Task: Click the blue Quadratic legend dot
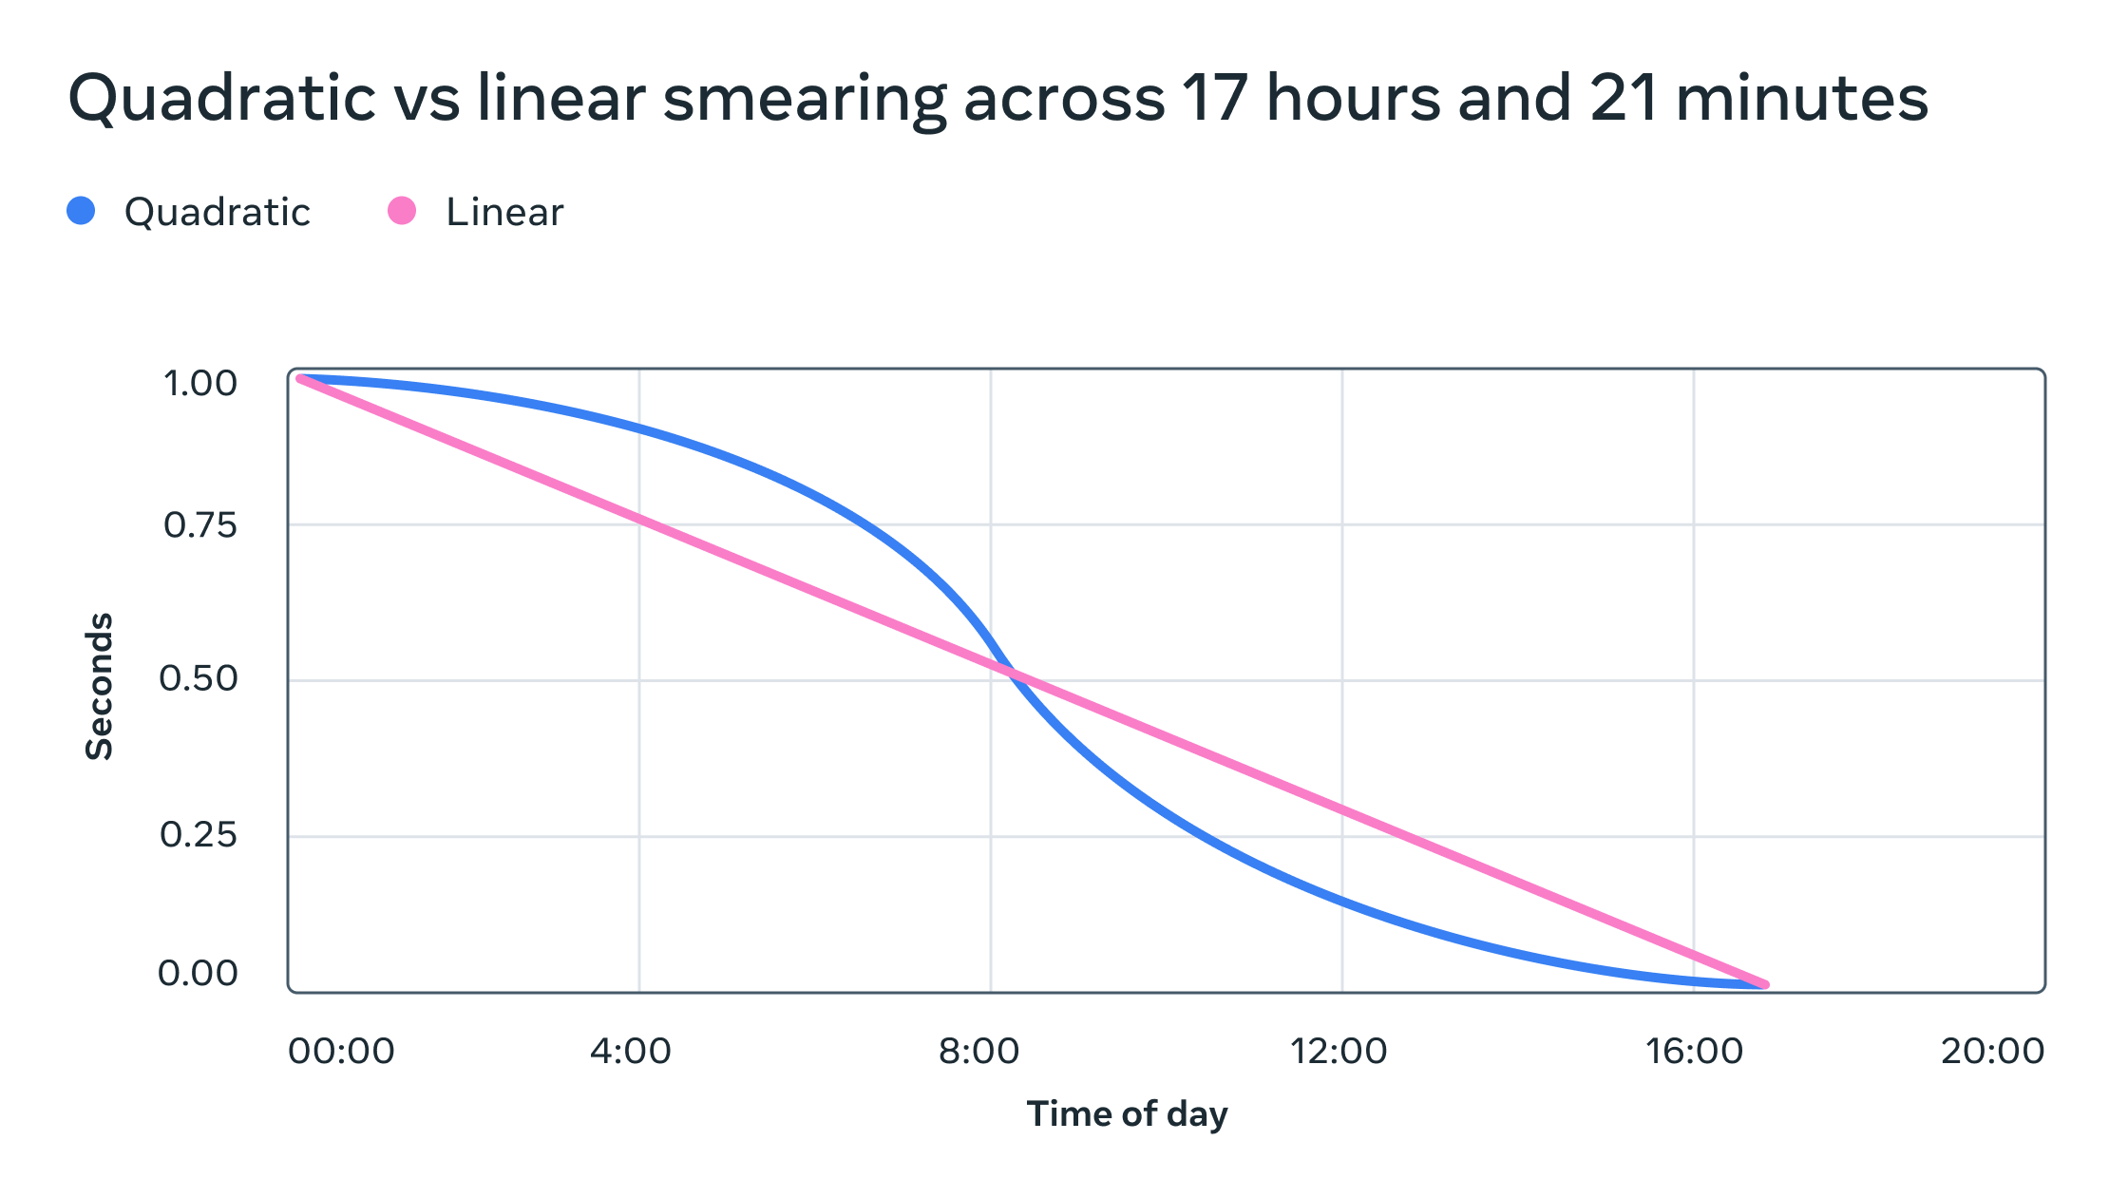(81, 211)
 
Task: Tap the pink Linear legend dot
(402, 211)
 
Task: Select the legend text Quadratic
(217, 212)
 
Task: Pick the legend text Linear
(504, 212)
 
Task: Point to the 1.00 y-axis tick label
(199, 384)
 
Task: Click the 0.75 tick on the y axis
(199, 525)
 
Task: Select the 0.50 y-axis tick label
(198, 678)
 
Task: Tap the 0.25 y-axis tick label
(198, 835)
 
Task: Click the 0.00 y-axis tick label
(198, 974)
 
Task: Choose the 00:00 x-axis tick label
(341, 1052)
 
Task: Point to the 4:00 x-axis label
(630, 1052)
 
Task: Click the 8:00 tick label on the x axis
(978, 1052)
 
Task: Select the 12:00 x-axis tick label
(1338, 1052)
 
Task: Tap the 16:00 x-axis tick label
(1694, 1052)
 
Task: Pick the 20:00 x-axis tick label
(1992, 1052)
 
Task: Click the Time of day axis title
(1127, 1114)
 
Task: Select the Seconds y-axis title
(100, 686)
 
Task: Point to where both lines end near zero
(1764, 985)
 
